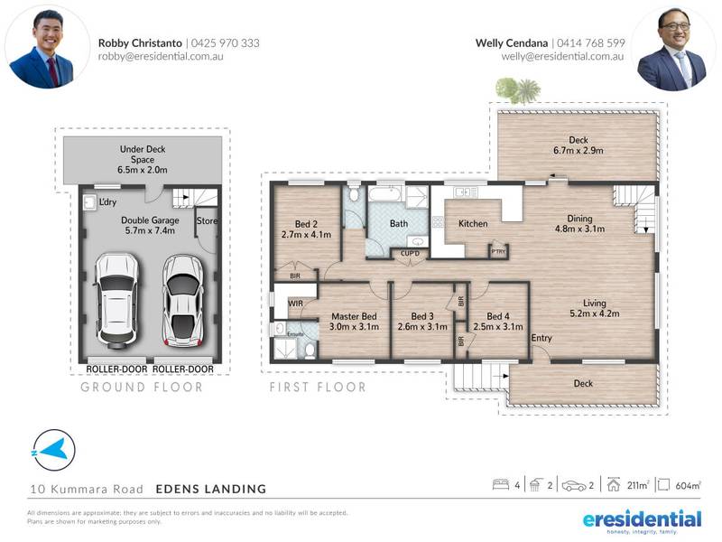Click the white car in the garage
point(116,300)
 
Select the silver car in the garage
point(183,300)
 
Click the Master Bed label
point(354,322)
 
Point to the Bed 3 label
point(421,322)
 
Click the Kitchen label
point(473,223)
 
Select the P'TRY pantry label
point(497,251)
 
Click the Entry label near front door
point(541,338)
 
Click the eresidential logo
point(642,519)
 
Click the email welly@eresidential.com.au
point(562,56)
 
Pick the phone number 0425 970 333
point(226,42)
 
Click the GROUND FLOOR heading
point(142,387)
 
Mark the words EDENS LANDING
point(211,489)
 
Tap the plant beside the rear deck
point(518,90)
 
